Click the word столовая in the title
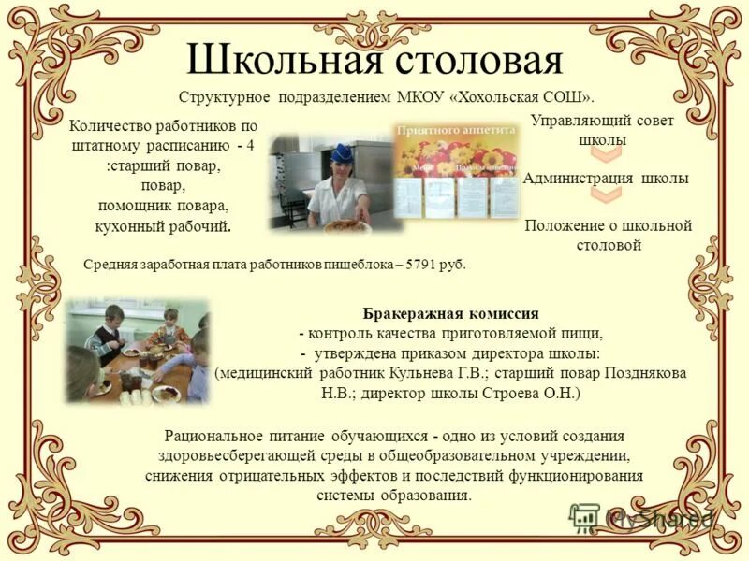[477, 59]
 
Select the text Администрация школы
[606, 178]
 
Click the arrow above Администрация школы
[606, 154]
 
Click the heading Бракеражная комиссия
[450, 313]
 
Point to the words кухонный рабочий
[163, 226]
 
